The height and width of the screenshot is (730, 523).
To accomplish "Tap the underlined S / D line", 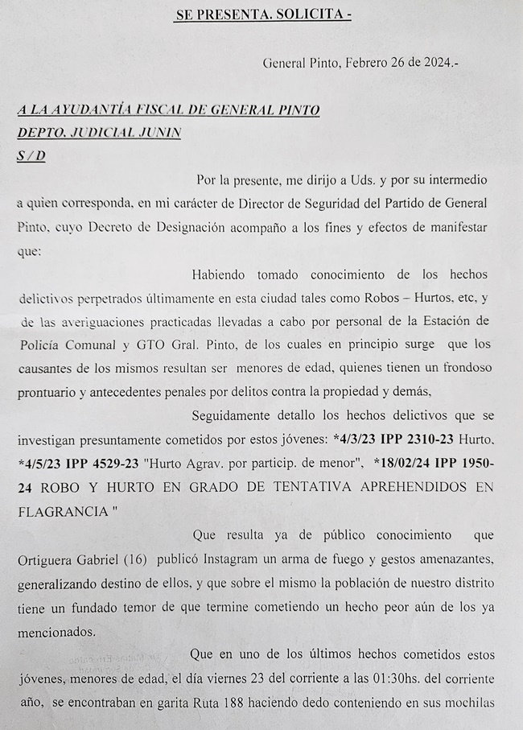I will [31, 155].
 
